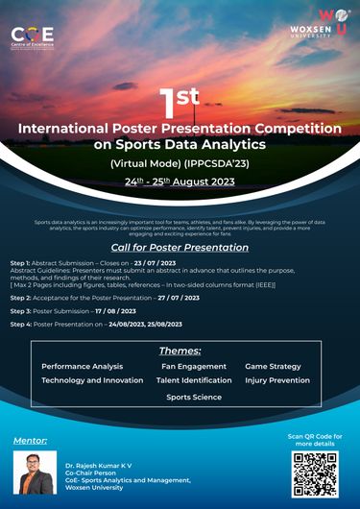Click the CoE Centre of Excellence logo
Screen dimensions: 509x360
pyautogui.click(x=33, y=36)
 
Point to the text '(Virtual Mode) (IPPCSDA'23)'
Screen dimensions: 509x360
pyautogui.click(x=180, y=163)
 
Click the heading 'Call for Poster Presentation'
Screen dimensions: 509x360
pyautogui.click(x=180, y=247)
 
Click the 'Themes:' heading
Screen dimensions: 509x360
pyautogui.click(x=180, y=351)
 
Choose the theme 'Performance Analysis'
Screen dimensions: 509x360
pyautogui.click(x=82, y=366)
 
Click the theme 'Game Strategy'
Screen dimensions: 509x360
pyautogui.click(x=273, y=366)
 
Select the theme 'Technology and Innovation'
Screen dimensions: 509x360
pyautogui.click(x=92, y=380)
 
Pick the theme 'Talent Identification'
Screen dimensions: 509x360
pyautogui.click(x=193, y=380)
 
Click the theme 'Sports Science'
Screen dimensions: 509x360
pyautogui.click(x=193, y=397)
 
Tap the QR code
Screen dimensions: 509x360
pyautogui.click(x=315, y=473)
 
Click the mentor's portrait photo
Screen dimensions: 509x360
pyautogui.click(x=34, y=473)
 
